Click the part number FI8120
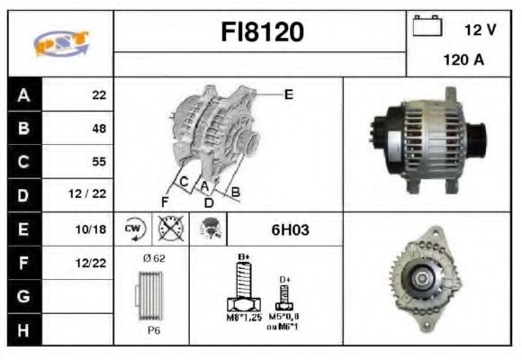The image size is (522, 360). (263, 32)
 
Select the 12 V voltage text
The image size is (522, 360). (481, 30)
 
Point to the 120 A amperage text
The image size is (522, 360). (464, 61)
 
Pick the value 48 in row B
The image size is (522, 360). (98, 129)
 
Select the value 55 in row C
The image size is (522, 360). (98, 162)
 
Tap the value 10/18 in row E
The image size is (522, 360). (94, 229)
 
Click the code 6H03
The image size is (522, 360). (290, 229)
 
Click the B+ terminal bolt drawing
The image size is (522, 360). (243, 288)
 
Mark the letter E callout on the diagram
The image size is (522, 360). (288, 93)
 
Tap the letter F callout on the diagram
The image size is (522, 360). (165, 200)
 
